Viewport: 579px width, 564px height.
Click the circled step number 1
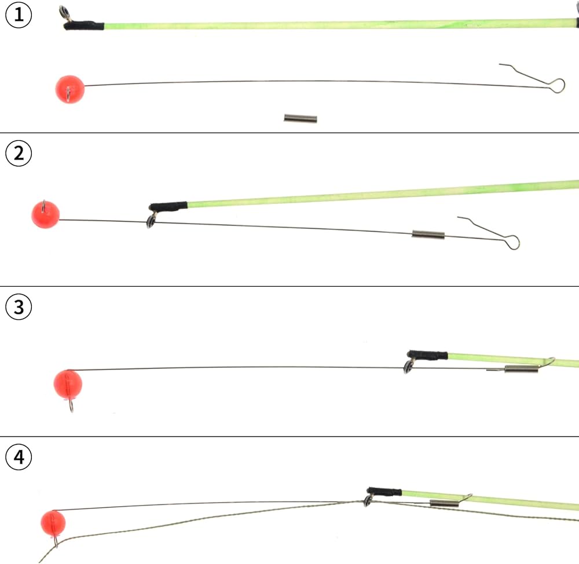[19, 16]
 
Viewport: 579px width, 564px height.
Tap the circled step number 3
[19, 307]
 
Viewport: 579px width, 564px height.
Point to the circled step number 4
[19, 457]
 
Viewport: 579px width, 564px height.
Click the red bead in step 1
[69, 89]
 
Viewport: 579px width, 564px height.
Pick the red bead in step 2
[45, 215]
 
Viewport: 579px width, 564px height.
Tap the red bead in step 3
[67, 384]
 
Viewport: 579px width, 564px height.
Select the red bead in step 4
[53, 523]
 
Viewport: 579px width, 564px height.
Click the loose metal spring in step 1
[300, 119]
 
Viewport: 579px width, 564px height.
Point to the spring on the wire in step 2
[428, 235]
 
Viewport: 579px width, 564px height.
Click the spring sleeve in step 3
[521, 369]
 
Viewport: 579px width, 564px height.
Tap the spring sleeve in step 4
[445, 504]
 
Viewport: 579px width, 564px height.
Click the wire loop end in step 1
[556, 86]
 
